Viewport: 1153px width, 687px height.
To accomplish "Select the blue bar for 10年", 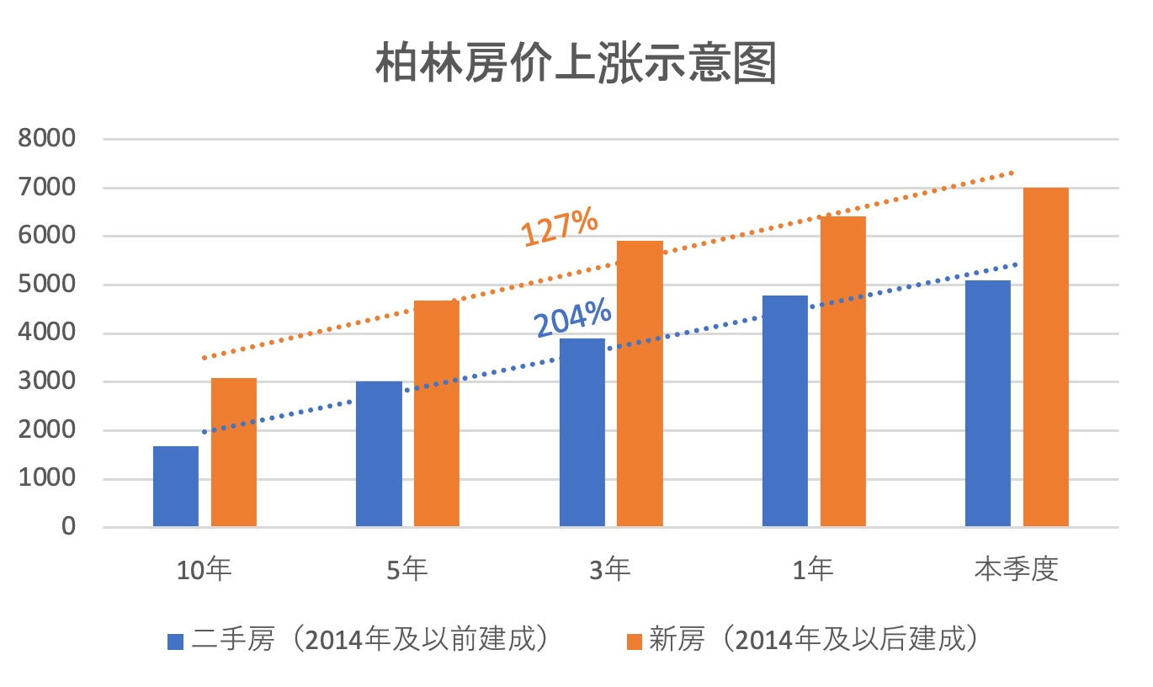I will click(176, 487).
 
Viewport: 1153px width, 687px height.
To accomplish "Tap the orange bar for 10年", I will click(234, 453).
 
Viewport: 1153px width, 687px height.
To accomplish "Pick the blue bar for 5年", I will click(379, 455).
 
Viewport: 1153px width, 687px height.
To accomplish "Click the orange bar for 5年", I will click(437, 413).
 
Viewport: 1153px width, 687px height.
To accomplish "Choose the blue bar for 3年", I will click(582, 433).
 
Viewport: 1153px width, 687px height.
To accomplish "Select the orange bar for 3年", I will click(640, 384).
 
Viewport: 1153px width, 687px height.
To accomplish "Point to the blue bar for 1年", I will click(785, 411).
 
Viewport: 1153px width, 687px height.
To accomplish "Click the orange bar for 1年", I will click(843, 371).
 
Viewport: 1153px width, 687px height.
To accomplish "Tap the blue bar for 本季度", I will click(988, 404).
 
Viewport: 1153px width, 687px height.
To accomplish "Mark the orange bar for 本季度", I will click(1046, 357).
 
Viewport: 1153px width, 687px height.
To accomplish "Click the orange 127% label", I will click(560, 227).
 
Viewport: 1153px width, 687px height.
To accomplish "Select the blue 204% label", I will click(573, 319).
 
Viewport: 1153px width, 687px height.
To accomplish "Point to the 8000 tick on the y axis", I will click(47, 139).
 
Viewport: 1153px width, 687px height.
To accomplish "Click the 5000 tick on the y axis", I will click(47, 285).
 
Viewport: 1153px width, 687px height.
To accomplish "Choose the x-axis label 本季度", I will click(1016, 570).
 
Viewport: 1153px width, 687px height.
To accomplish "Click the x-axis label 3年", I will click(610, 570).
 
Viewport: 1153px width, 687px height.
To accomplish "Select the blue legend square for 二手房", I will click(176, 642).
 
